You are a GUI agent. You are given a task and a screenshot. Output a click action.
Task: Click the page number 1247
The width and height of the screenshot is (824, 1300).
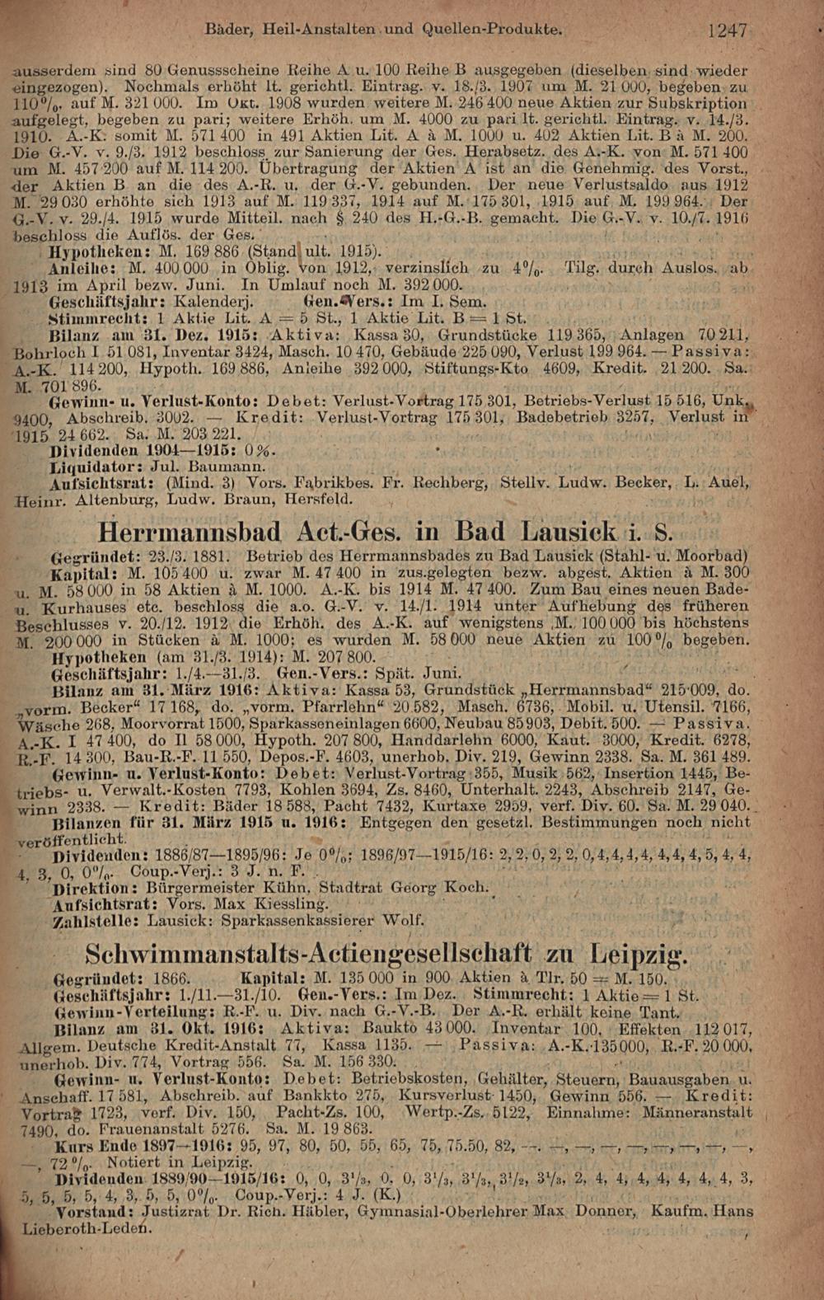pos(726,31)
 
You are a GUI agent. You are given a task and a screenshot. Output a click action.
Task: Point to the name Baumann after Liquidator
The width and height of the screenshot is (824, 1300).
pos(201,467)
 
